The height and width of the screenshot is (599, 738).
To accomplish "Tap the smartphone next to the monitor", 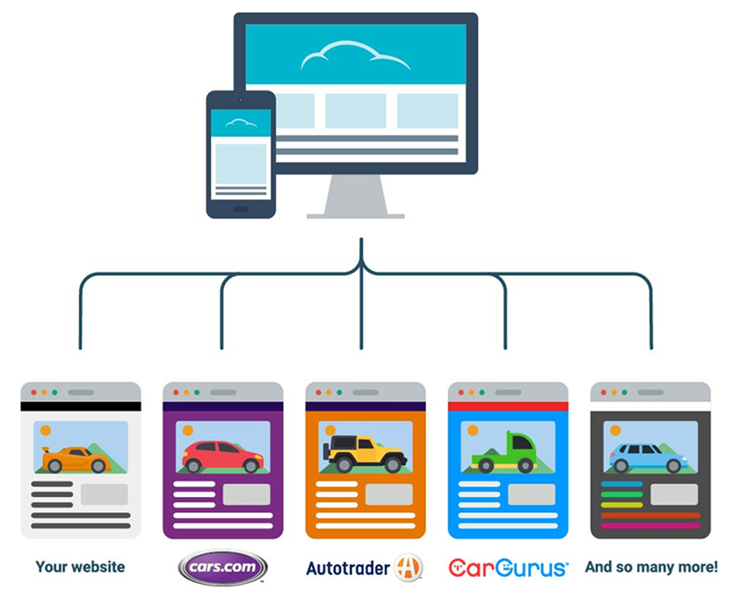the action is (241, 155).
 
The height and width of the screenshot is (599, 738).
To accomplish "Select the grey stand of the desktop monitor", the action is (356, 197).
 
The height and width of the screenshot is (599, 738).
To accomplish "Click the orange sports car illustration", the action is (72, 457).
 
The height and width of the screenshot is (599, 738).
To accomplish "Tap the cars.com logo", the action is (221, 567).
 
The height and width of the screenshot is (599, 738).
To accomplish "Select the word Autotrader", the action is (347, 568).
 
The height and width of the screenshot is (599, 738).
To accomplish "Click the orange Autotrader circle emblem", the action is (409, 567).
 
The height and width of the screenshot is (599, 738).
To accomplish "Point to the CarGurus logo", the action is (508, 568).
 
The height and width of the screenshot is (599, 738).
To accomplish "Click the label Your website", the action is (80, 567).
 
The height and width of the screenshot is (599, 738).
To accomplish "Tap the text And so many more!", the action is (651, 567).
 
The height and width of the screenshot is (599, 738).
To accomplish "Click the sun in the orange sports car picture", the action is (46, 431).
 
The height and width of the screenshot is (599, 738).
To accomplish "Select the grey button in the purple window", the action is (246, 493).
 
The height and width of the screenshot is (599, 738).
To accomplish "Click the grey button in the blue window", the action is (532, 493).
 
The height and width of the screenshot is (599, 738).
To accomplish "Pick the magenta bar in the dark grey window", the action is (650, 526).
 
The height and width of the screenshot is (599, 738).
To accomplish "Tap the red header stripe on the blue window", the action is (508, 406).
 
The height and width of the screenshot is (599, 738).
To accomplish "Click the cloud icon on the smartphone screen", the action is (241, 123).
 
